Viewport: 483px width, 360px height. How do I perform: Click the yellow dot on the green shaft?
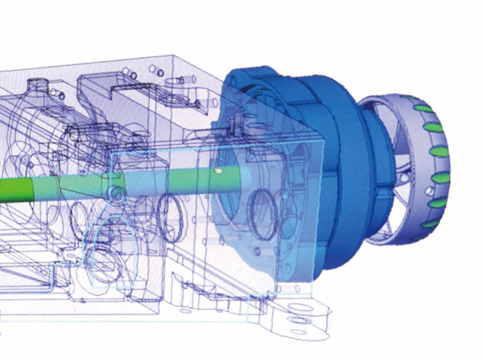click(218, 171)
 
